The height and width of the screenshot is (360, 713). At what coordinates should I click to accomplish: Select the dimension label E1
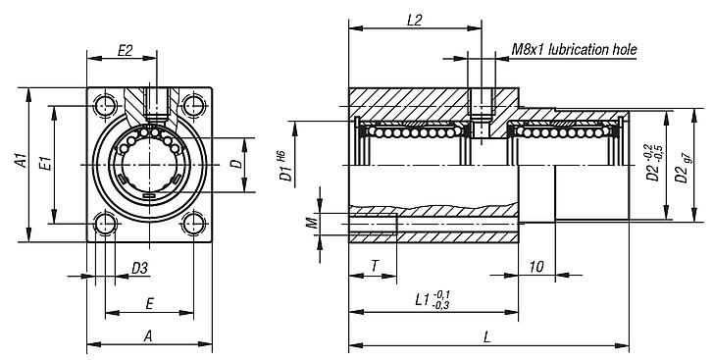click(44, 163)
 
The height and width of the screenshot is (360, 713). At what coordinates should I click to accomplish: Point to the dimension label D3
click(140, 269)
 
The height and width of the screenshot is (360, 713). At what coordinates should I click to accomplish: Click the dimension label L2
click(413, 20)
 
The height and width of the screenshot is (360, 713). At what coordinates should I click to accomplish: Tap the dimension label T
click(375, 265)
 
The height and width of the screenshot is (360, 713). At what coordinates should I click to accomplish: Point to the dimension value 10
click(535, 266)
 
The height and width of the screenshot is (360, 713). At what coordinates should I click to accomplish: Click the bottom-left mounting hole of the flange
click(105, 226)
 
